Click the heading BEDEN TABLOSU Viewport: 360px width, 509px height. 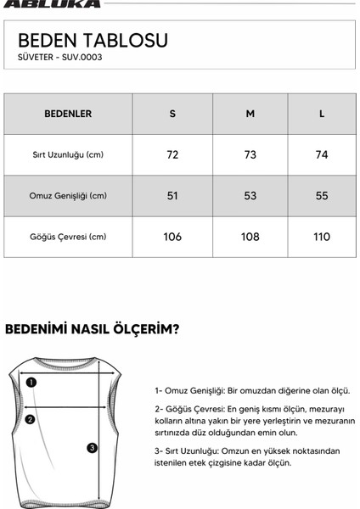tap(93, 41)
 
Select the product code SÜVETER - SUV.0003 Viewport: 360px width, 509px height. tap(59, 58)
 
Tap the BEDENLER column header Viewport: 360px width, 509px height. tap(68, 114)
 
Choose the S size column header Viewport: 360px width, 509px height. tap(172, 114)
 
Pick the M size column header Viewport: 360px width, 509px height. tap(250, 114)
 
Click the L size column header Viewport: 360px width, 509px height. tap(322, 114)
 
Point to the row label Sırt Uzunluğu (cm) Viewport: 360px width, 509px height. tap(68, 155)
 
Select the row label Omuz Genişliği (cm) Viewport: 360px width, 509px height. tap(68, 196)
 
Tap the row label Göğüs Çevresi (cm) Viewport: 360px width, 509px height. tap(68, 237)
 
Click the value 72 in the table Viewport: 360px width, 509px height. tap(172, 155)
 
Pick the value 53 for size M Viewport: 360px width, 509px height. tap(250, 196)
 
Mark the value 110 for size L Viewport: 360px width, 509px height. tap(322, 237)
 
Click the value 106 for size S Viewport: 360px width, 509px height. tap(172, 237)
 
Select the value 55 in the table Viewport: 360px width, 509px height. tap(322, 196)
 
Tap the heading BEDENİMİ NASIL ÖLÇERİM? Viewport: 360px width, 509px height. tap(92, 328)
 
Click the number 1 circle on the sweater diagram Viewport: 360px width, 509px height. tap(31, 383)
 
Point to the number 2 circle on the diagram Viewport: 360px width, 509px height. tap(30, 419)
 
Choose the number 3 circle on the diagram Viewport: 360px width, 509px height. tap(93, 448)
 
